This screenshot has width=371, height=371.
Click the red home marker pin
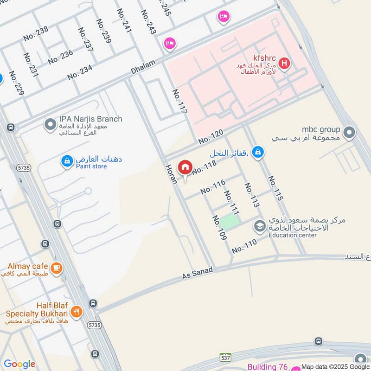[x=185, y=167]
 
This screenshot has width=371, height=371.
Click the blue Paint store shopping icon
[x=67, y=161]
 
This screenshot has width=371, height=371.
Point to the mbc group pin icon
[x=350, y=134]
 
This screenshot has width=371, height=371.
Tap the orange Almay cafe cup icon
[x=56, y=269]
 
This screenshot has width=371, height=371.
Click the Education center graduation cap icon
[x=259, y=227]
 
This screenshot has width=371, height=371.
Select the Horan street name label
[x=171, y=173]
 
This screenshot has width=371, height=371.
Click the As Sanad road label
[x=197, y=273]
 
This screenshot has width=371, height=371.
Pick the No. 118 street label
[x=204, y=168]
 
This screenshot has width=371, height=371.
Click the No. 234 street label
[x=80, y=72]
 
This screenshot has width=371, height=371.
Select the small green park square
[x=230, y=222]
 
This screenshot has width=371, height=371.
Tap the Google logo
[x=19, y=364]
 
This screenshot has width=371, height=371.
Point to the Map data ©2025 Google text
[x=335, y=366]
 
